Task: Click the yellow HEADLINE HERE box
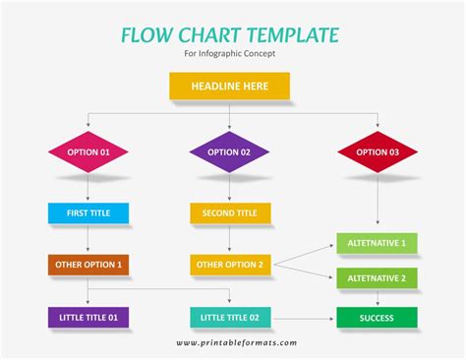point(230,87)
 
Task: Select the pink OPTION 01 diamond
point(87,152)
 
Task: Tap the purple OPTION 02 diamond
point(230,152)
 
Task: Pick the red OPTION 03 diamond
point(378,152)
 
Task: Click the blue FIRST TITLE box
point(87,212)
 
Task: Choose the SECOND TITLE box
point(230,212)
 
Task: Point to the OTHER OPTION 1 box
point(87,265)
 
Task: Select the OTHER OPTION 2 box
point(230,265)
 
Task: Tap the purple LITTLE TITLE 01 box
point(87,318)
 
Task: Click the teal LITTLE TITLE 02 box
point(230,318)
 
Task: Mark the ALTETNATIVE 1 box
point(377,242)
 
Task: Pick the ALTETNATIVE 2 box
point(377,278)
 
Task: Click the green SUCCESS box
point(377,318)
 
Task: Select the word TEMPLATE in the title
point(293,35)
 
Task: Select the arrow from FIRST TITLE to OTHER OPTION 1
point(87,239)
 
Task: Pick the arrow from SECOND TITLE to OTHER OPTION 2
point(230,239)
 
